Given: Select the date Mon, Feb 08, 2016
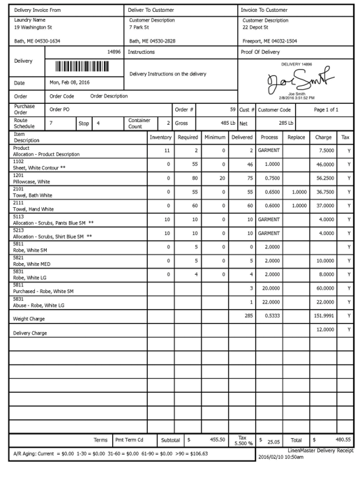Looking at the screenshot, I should pyautogui.click(x=70, y=82).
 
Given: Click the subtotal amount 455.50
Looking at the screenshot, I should pyautogui.click(x=217, y=439).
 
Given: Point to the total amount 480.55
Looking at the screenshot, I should pyautogui.click(x=343, y=439).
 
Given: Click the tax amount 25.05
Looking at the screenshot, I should pyautogui.click(x=273, y=441).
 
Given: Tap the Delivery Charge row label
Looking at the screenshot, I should pyautogui.click(x=30, y=333).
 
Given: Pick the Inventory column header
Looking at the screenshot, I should pyautogui.click(x=160, y=137).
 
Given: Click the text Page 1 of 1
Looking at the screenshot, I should pyautogui.click(x=326, y=110).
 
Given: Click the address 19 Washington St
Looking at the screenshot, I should pyautogui.click(x=33, y=27).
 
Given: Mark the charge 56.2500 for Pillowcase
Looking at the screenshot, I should pyautogui.click(x=322, y=177).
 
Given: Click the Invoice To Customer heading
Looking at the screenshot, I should pyautogui.click(x=264, y=10).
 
